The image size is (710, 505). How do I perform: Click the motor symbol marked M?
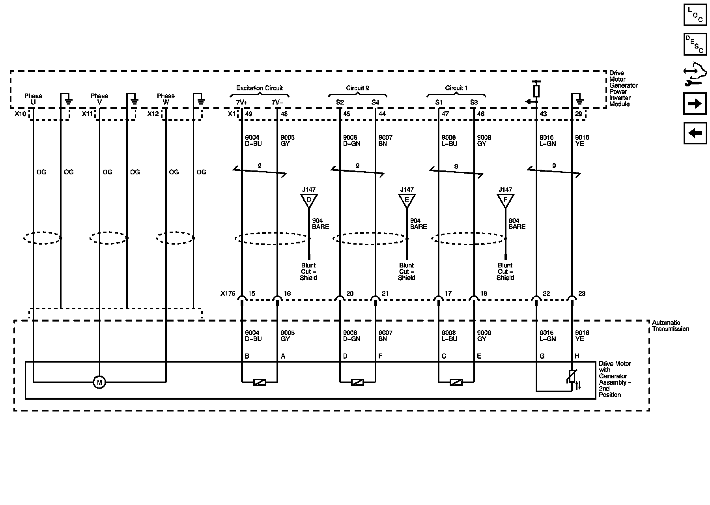(99, 382)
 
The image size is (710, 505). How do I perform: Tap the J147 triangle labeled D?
(309, 200)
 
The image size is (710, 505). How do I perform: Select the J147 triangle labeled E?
(407, 200)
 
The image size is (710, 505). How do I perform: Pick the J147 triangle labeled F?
(505, 200)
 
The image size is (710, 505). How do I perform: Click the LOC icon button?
(695, 15)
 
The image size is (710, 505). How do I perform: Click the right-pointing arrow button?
(695, 103)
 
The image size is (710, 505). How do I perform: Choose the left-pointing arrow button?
(695, 133)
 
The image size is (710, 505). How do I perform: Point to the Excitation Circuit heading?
(260, 88)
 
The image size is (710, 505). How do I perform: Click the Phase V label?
(99, 99)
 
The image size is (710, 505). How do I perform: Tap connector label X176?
(228, 294)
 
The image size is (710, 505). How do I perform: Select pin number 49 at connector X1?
(248, 114)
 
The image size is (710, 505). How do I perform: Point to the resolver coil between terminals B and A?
(260, 382)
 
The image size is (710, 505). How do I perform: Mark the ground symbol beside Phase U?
(68, 99)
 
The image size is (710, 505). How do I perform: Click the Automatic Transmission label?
(670, 326)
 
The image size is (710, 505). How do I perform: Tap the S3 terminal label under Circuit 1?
(474, 103)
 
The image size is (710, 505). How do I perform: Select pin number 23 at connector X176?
(582, 294)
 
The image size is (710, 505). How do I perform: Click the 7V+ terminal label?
(242, 103)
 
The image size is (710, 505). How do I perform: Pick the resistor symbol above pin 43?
(536, 91)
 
